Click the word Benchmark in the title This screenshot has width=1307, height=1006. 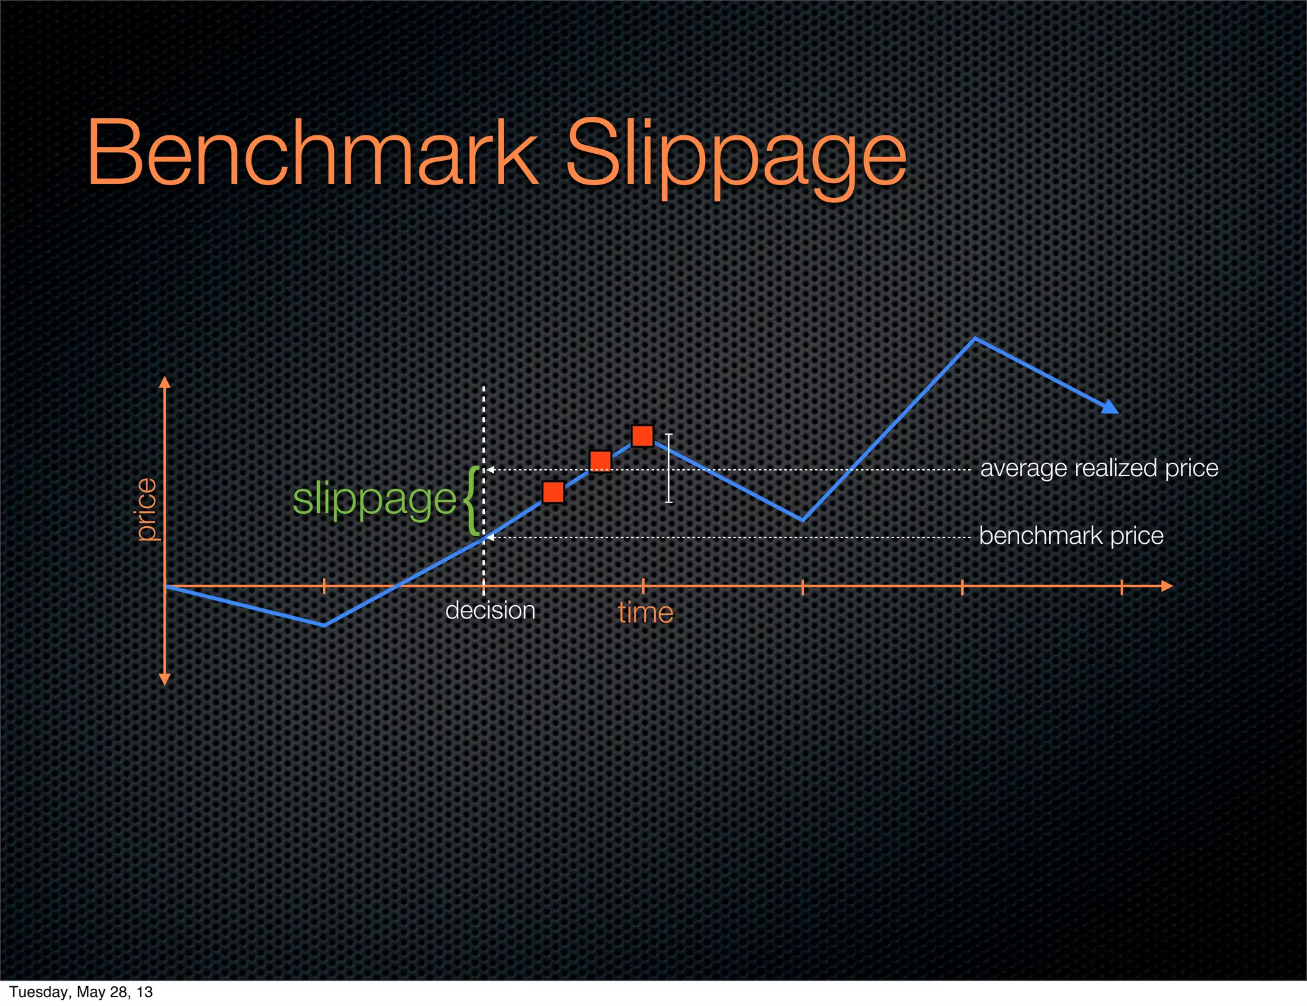tap(313, 153)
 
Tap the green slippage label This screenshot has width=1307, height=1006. tap(374, 499)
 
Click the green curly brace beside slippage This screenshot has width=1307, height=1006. tap(472, 500)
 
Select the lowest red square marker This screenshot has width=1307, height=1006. tap(553, 492)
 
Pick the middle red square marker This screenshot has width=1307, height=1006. tap(601, 460)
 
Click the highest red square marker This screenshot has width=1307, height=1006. tap(643, 435)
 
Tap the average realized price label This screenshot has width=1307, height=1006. tap(1099, 469)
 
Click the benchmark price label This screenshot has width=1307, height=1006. tap(1071, 536)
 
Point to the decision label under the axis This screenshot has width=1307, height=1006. tap(489, 611)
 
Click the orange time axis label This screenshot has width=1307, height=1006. tap(645, 613)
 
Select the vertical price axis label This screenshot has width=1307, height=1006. tap(147, 509)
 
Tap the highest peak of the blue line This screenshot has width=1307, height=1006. tap(975, 339)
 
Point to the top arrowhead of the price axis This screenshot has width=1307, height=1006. tap(165, 382)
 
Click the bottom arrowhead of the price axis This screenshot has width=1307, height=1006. tap(165, 679)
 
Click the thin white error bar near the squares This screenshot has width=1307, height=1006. tap(669, 468)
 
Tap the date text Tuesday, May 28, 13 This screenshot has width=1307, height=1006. tap(81, 992)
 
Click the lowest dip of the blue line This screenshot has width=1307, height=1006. tap(324, 625)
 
